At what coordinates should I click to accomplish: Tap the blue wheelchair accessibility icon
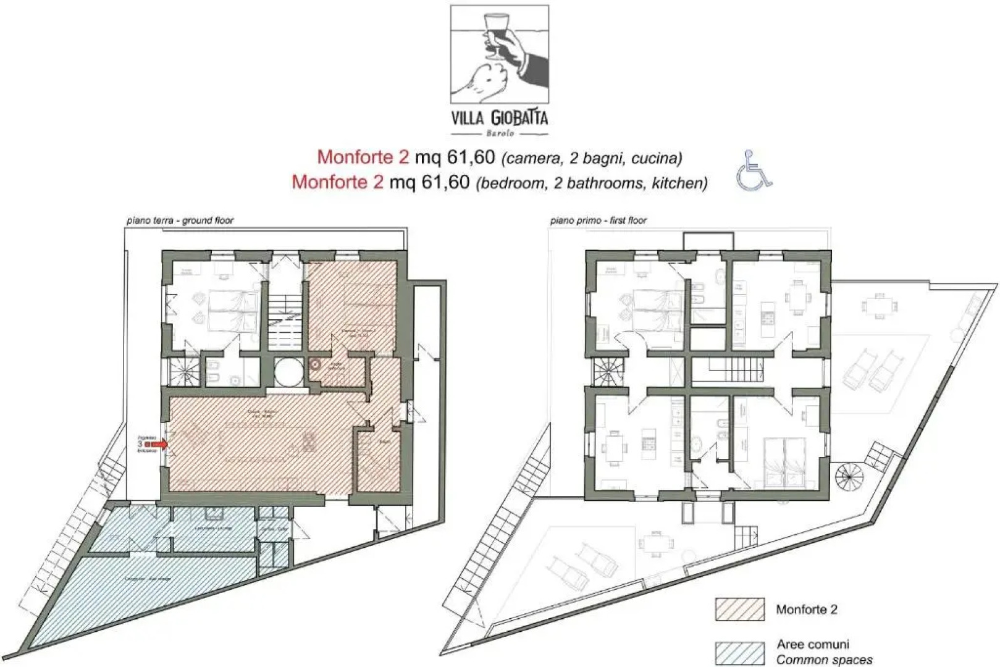[754, 170]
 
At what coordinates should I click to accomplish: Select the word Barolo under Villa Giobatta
[500, 133]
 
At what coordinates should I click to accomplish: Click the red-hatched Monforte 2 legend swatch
[739, 610]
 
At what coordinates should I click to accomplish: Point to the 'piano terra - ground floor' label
[180, 220]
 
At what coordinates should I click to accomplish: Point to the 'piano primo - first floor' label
[598, 220]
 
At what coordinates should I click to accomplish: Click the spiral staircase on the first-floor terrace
[851, 476]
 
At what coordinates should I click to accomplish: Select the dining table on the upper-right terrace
[880, 305]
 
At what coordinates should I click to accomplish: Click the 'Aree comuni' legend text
[812, 644]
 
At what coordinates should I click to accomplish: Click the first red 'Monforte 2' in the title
[363, 157]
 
